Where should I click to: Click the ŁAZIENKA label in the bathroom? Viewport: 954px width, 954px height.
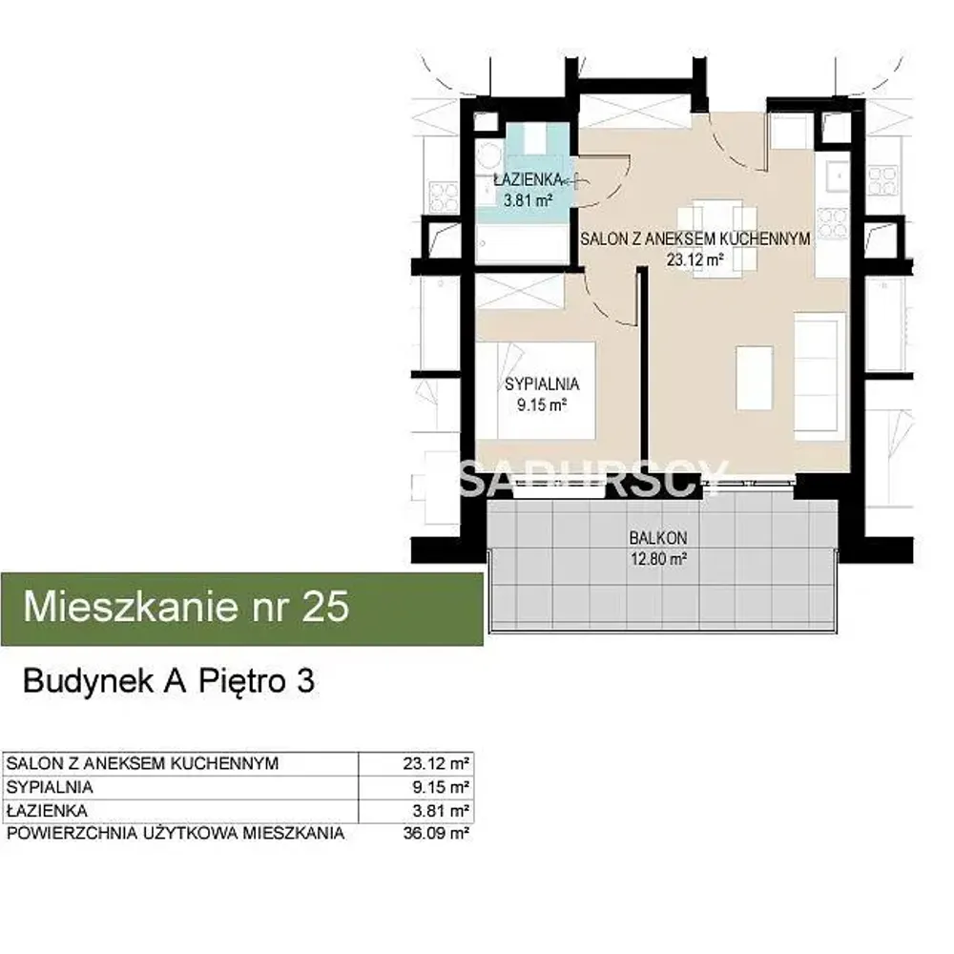527,179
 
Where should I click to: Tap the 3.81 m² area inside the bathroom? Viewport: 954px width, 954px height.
528,200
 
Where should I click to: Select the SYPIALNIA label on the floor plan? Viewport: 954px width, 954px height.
542,384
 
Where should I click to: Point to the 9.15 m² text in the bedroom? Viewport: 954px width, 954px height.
542,404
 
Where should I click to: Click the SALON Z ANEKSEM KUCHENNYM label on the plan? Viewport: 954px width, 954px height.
695,239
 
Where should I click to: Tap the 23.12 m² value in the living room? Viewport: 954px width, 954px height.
695,260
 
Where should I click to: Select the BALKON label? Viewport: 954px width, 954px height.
658,538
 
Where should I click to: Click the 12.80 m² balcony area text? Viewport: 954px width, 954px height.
658,558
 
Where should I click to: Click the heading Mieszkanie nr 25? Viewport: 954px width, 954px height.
186,607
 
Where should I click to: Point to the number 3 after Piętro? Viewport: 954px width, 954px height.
305,681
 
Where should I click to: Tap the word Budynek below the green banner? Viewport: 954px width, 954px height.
88,682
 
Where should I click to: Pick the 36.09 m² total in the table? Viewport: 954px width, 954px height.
436,833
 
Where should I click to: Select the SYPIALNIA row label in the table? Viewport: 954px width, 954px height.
50,787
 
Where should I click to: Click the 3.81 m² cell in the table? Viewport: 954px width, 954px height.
441,811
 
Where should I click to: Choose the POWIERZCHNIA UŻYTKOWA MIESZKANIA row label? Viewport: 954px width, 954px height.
176,833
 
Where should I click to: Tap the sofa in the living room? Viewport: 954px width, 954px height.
819,377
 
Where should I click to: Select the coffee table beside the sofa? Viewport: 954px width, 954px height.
755,377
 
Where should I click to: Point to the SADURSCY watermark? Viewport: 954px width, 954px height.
593,478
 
